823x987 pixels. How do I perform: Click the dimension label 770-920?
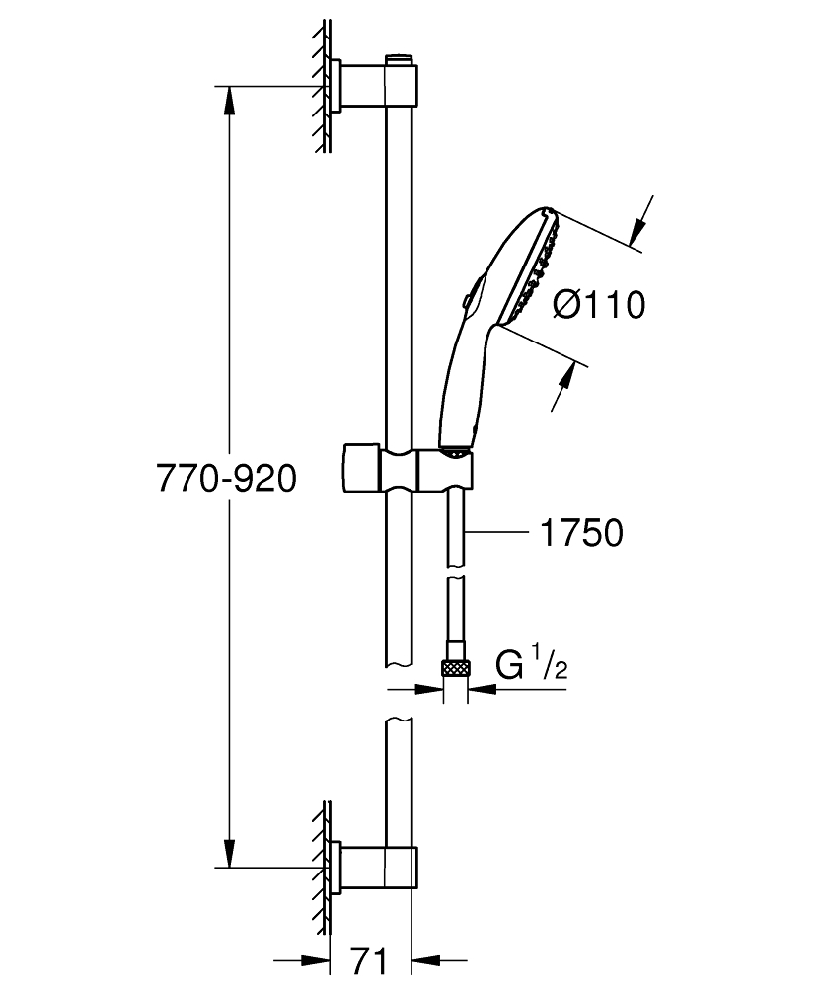[227, 480]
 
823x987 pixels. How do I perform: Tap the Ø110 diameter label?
[598, 305]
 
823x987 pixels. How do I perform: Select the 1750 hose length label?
[580, 533]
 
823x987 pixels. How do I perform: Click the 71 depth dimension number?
[368, 958]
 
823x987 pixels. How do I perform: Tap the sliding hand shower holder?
[407, 469]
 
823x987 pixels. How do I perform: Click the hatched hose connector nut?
[455, 668]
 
